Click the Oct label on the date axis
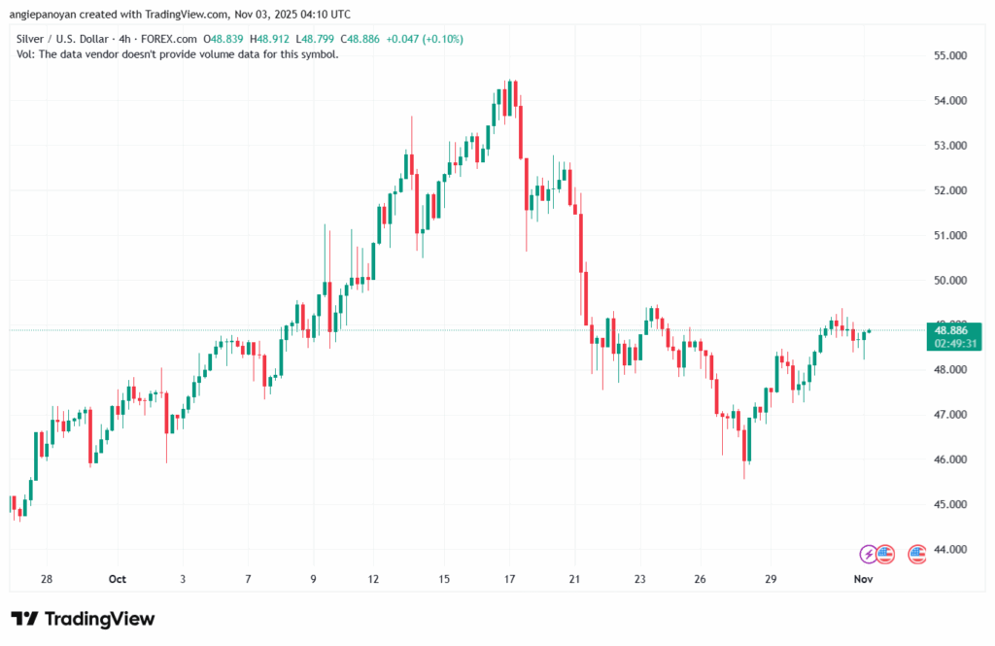118,580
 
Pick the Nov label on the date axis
864,580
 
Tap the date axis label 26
701,580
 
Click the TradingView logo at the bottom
83,619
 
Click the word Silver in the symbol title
34,39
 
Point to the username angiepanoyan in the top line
49,15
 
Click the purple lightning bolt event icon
868,554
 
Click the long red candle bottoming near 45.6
746,436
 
